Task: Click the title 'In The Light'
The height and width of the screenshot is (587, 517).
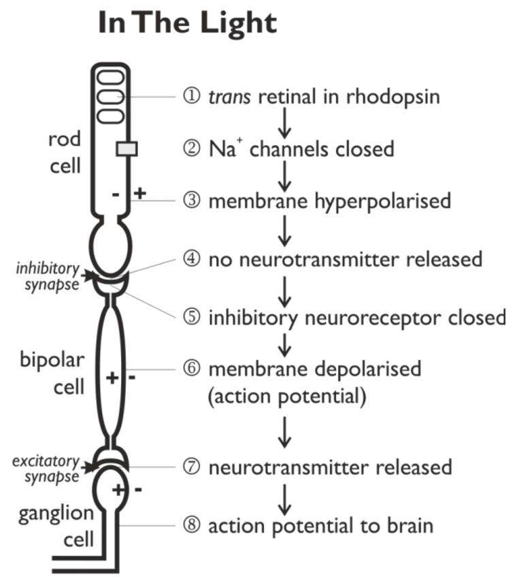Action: pos(188,22)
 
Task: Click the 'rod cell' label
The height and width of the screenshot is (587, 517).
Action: pos(64,152)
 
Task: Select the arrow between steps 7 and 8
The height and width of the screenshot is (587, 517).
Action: pos(286,497)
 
